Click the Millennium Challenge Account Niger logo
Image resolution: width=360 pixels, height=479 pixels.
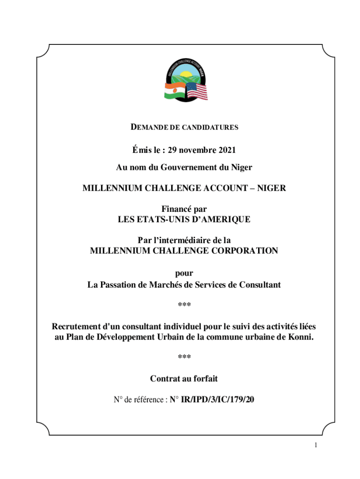(184, 79)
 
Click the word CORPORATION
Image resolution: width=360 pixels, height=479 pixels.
(241, 250)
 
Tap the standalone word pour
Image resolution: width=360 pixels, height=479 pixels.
(184, 274)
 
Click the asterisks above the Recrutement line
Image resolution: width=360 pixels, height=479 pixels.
(184, 305)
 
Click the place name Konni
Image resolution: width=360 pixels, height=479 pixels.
(299, 337)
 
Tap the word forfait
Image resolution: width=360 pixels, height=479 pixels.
(204, 378)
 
